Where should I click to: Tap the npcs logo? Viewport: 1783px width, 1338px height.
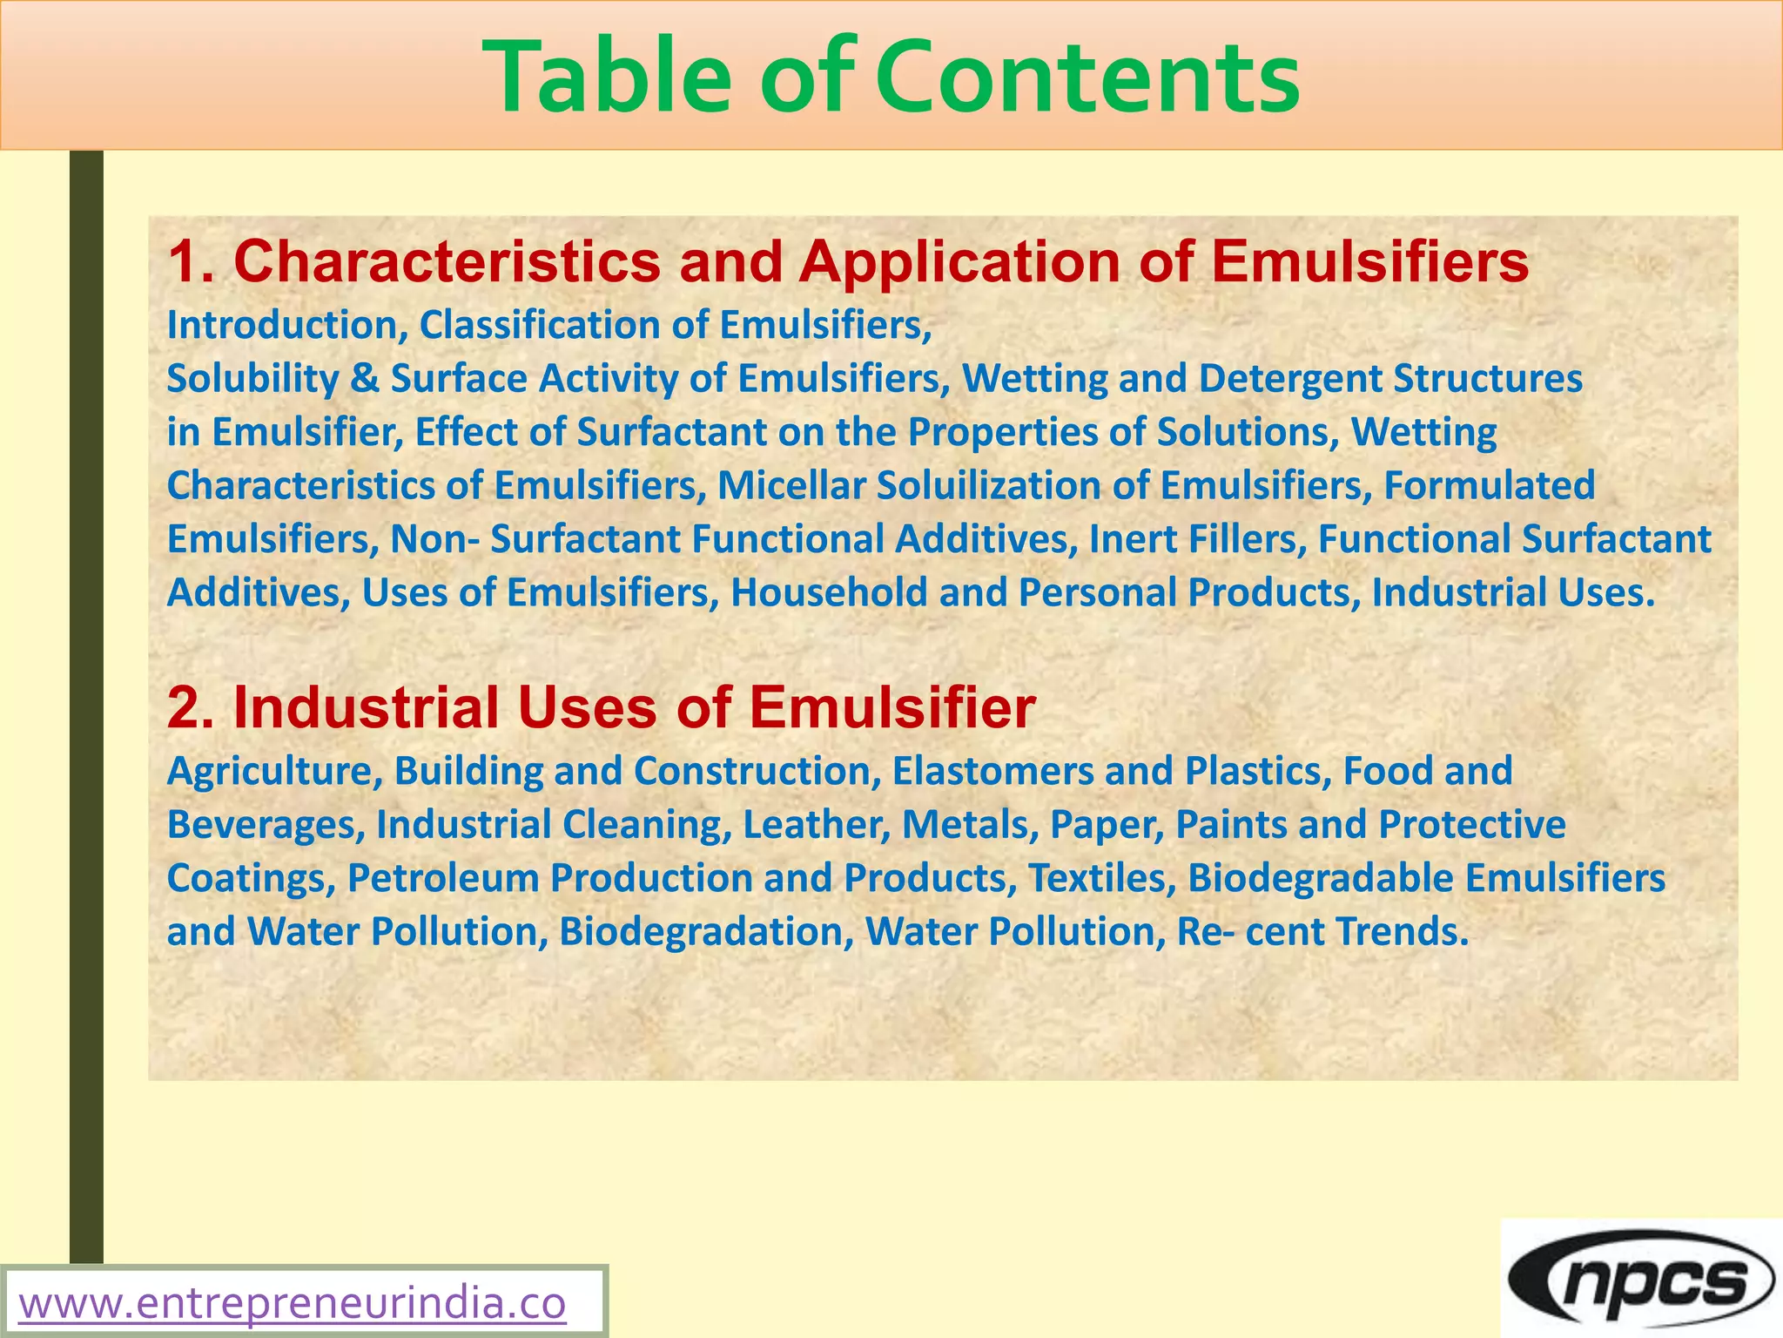[x=1642, y=1279]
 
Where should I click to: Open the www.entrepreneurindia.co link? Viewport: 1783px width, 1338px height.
[x=293, y=1304]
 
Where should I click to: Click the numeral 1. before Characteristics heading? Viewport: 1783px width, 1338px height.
[x=191, y=261]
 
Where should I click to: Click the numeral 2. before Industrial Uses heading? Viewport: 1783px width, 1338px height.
[x=191, y=706]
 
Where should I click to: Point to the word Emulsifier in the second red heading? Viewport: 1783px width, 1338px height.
[x=892, y=706]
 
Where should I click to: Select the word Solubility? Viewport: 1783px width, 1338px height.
[x=252, y=379]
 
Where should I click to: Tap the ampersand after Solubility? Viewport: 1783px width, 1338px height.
[x=366, y=379]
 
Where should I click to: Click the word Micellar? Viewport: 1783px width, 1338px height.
[x=791, y=486]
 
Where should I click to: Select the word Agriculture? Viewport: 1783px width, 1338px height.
[x=274, y=771]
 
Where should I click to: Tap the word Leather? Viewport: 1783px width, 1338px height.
[x=816, y=825]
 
